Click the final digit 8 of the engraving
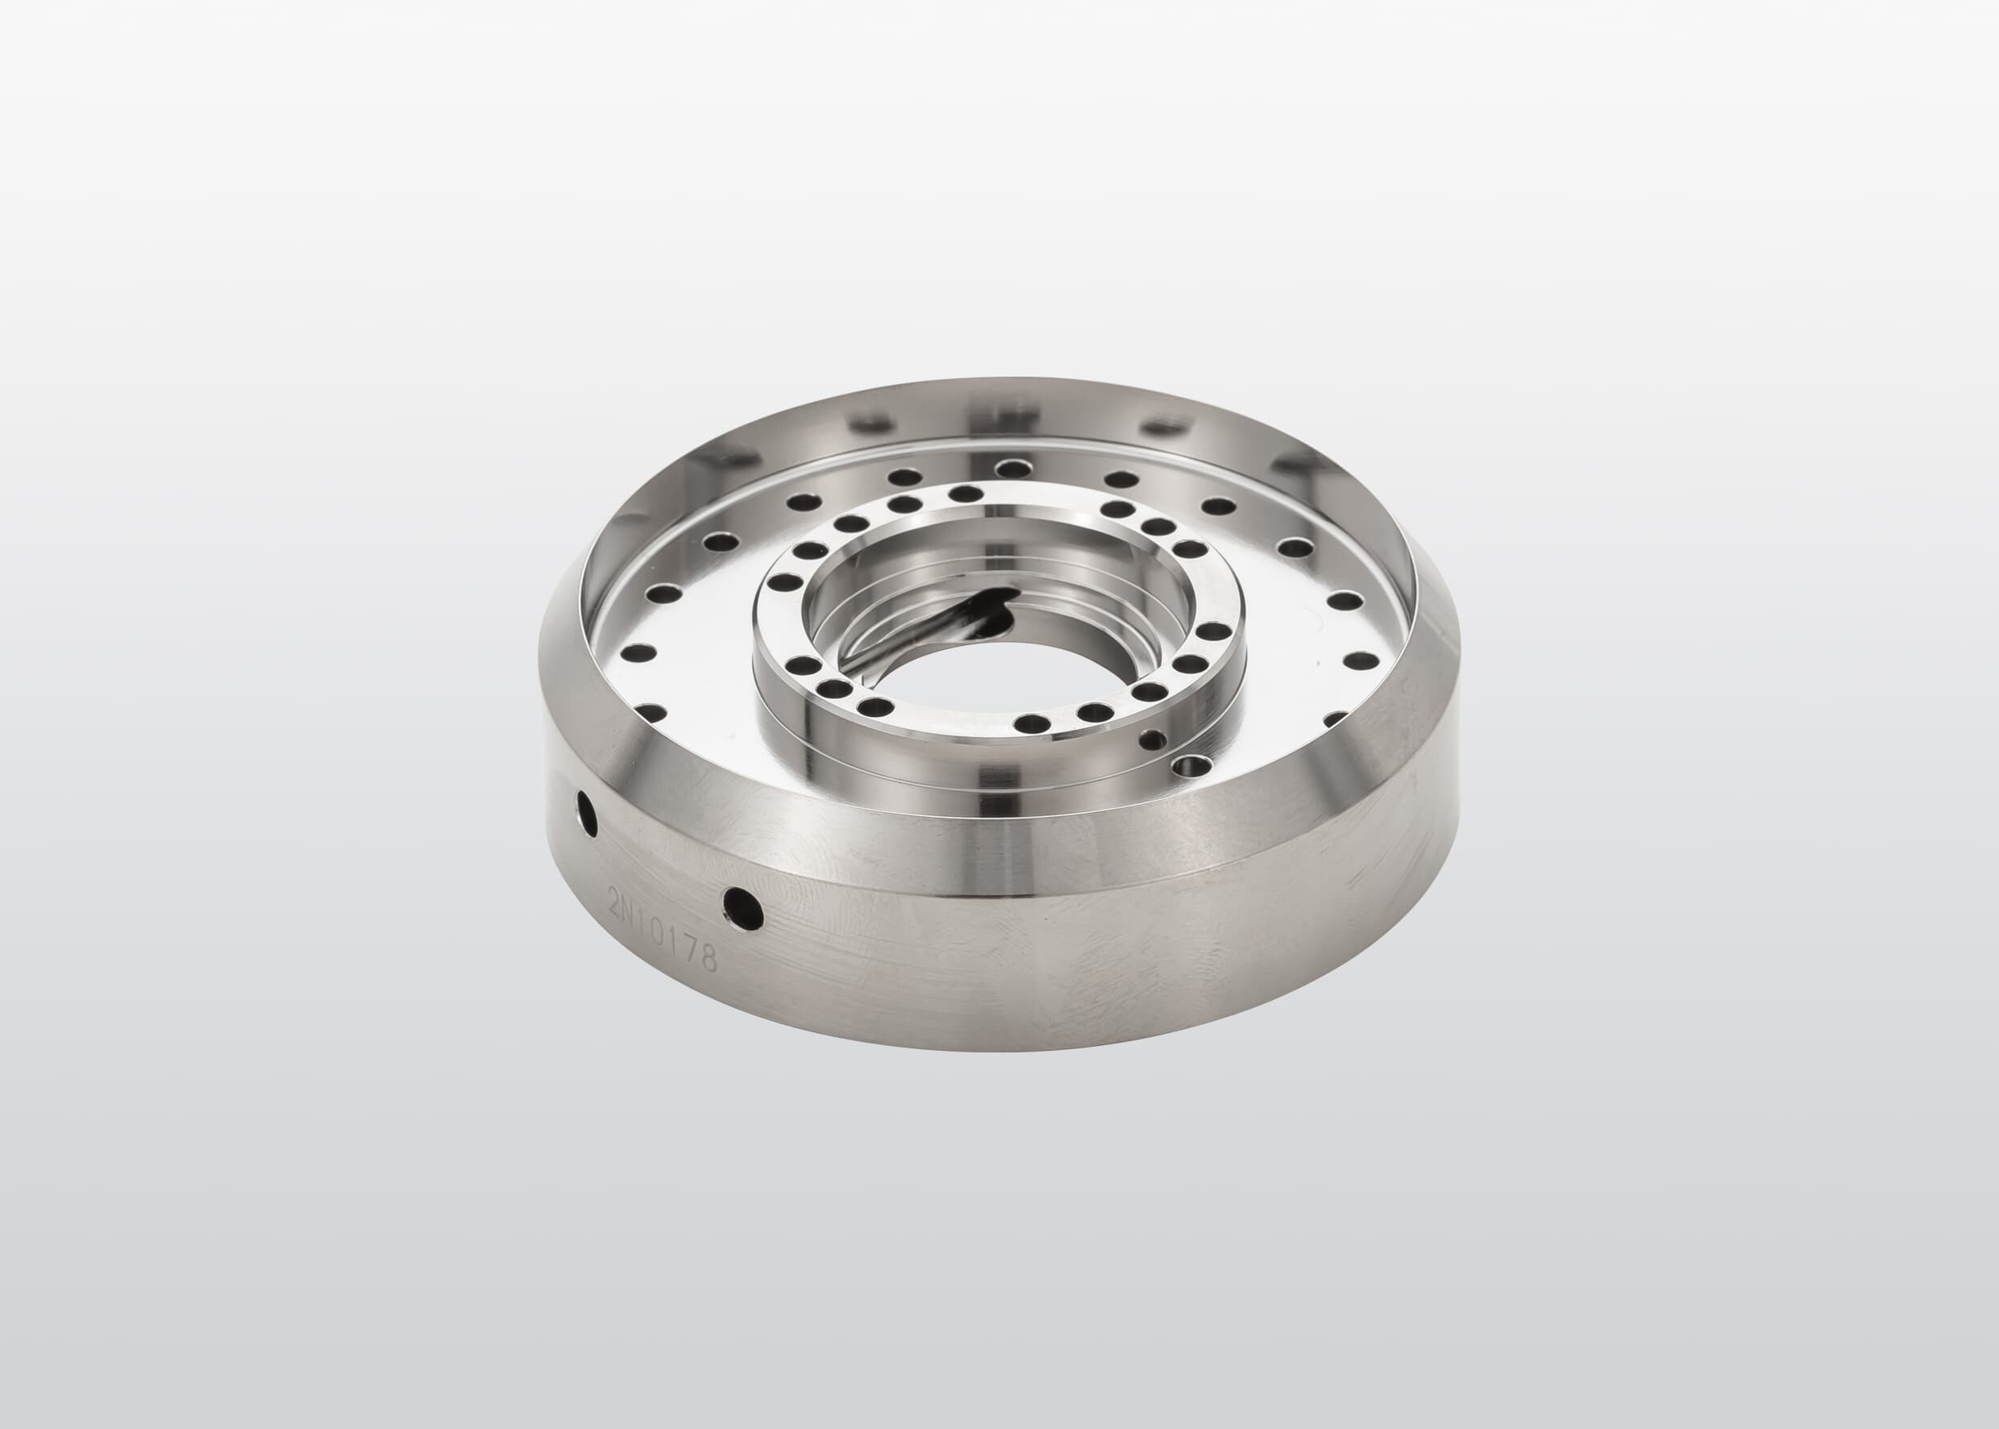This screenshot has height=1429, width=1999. (x=709, y=959)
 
